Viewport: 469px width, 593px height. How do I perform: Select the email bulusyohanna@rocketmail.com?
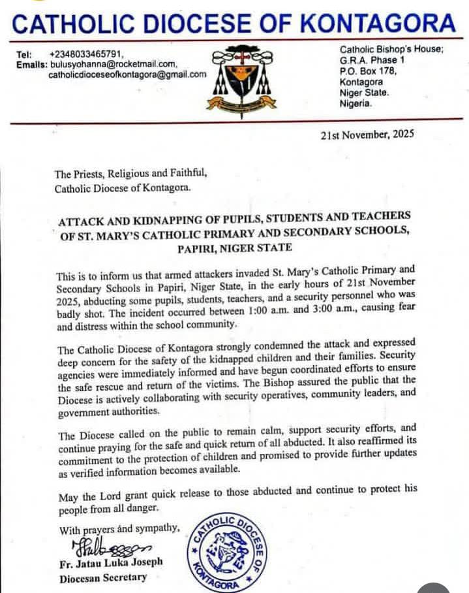point(113,64)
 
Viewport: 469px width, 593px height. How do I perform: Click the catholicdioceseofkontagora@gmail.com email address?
point(127,74)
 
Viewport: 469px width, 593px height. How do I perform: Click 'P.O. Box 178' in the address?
point(367,71)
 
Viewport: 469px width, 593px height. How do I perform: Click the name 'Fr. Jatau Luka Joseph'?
point(112,562)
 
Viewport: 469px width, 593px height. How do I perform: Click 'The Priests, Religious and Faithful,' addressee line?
point(130,174)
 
